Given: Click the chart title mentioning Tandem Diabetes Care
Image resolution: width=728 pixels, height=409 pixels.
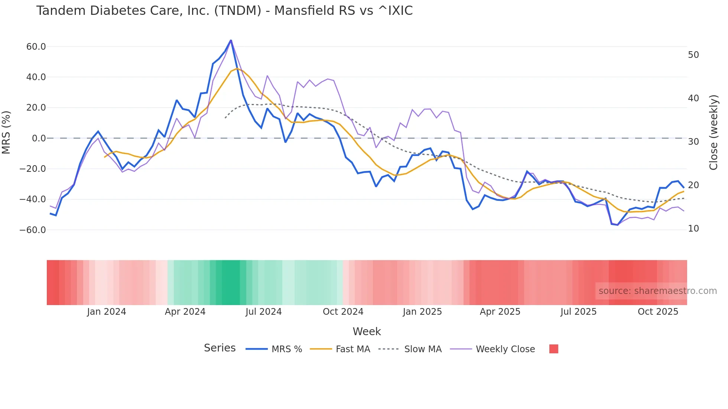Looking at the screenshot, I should click(x=224, y=11).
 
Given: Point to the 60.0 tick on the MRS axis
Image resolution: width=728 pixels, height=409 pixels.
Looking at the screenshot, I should click(x=36, y=47).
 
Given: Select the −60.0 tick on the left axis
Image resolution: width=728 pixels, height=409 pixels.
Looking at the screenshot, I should click(x=33, y=230).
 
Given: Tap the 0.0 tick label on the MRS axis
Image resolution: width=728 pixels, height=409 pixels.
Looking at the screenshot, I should click(x=39, y=138).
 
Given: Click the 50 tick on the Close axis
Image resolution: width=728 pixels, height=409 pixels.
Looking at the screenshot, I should click(x=693, y=55).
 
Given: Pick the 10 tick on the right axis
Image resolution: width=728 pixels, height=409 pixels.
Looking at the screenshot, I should click(x=693, y=229).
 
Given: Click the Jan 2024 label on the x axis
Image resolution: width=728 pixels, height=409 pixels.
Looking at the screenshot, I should click(x=107, y=312).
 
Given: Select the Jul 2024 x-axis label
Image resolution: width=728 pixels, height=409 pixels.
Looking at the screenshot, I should click(x=264, y=312).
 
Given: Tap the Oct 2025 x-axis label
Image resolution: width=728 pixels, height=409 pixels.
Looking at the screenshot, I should click(x=658, y=312).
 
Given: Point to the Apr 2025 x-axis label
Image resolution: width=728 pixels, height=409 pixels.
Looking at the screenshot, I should click(x=500, y=312).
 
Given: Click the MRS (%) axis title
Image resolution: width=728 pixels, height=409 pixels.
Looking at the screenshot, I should click(x=6, y=132).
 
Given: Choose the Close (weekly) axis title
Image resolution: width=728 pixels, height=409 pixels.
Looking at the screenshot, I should click(x=714, y=132).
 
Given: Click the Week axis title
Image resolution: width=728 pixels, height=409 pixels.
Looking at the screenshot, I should click(x=367, y=331).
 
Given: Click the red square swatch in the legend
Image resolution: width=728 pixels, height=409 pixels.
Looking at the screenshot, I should click(x=553, y=349).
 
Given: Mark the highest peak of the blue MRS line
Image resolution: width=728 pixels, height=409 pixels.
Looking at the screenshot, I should click(x=231, y=40).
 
